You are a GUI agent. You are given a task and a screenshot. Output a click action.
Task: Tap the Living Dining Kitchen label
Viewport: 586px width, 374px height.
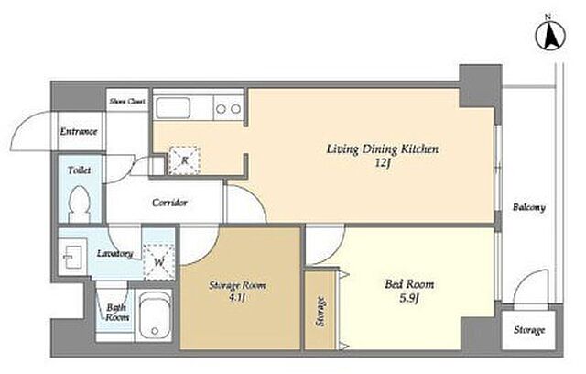(383, 148)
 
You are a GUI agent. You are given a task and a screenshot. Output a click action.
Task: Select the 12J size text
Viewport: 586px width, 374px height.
(383, 163)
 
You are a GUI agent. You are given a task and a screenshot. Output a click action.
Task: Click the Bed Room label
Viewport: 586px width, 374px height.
(409, 284)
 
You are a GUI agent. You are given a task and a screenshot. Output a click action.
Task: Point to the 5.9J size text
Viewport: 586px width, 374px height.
(409, 299)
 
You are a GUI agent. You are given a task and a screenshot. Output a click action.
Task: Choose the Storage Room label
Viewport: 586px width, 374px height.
(237, 286)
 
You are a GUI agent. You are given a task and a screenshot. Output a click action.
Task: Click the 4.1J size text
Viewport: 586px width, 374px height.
(237, 298)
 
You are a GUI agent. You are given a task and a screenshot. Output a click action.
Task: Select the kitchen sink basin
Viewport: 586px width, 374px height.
(173, 108)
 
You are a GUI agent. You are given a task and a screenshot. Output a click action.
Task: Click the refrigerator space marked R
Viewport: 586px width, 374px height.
(184, 160)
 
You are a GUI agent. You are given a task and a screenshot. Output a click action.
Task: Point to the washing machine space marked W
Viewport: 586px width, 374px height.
(159, 262)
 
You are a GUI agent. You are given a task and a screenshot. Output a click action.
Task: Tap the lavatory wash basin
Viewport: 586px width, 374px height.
(72, 257)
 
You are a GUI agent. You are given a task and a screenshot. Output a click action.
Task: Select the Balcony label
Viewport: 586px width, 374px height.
(529, 207)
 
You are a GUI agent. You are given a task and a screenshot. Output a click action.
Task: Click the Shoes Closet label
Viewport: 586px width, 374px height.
(127, 101)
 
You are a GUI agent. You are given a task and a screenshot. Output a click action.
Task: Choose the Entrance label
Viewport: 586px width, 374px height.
(79, 132)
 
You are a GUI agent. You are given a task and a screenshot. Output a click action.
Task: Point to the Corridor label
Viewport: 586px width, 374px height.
(169, 203)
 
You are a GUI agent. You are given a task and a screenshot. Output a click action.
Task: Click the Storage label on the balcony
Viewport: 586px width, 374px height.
(529, 330)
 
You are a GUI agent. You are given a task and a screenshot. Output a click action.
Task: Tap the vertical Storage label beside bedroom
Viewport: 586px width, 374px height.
(320, 311)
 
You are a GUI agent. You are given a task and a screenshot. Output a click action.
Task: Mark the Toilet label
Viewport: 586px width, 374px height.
(80, 170)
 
